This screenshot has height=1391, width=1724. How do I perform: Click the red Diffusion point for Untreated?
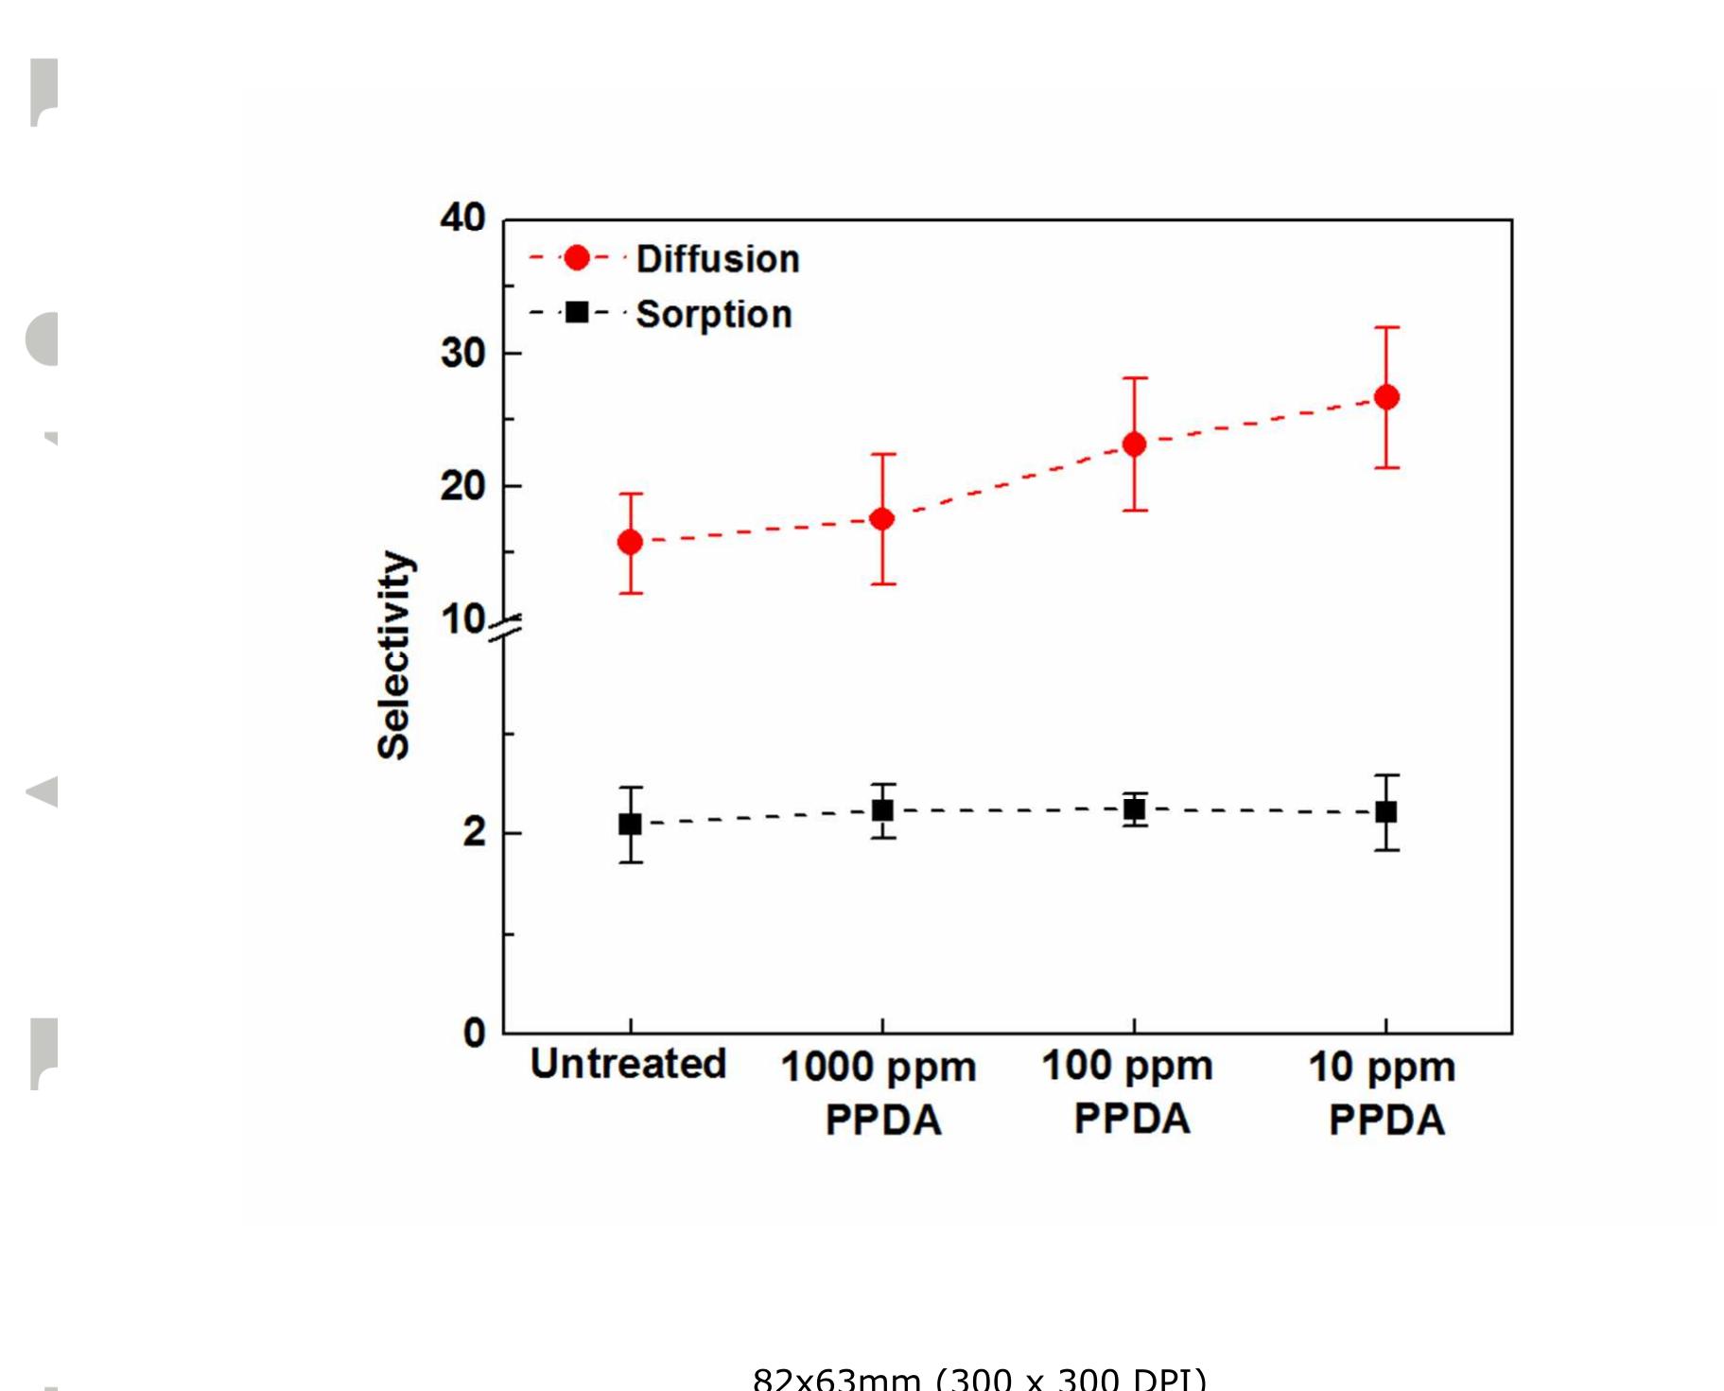[x=630, y=542]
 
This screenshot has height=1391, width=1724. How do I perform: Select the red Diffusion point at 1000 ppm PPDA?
[x=882, y=518]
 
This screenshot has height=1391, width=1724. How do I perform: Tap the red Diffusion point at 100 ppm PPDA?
[x=1134, y=444]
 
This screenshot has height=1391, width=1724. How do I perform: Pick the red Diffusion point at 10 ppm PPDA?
[x=1386, y=397]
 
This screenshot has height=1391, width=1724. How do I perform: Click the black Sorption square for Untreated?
[x=630, y=825]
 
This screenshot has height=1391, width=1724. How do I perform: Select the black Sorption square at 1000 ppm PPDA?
[x=882, y=810]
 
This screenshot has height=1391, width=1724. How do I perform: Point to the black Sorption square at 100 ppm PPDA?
[x=1134, y=809]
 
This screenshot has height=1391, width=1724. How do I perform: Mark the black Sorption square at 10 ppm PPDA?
[x=1386, y=812]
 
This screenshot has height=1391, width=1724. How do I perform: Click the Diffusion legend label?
[x=717, y=259]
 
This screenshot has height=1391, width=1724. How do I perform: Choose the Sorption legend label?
[x=713, y=314]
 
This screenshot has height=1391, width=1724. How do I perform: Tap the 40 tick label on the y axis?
[x=462, y=218]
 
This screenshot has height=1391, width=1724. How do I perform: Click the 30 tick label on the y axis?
[x=462, y=354]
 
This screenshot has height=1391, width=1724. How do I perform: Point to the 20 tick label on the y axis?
[x=462, y=487]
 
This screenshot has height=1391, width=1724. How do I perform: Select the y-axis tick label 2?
[x=474, y=832]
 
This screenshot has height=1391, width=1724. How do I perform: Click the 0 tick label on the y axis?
[x=474, y=1033]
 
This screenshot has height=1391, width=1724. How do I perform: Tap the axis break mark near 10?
[x=505, y=628]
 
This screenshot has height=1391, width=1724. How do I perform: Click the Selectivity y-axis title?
[x=394, y=654]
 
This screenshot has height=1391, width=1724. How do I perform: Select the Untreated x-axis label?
[x=628, y=1064]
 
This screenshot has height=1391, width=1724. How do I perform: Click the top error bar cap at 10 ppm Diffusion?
[x=1386, y=327]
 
